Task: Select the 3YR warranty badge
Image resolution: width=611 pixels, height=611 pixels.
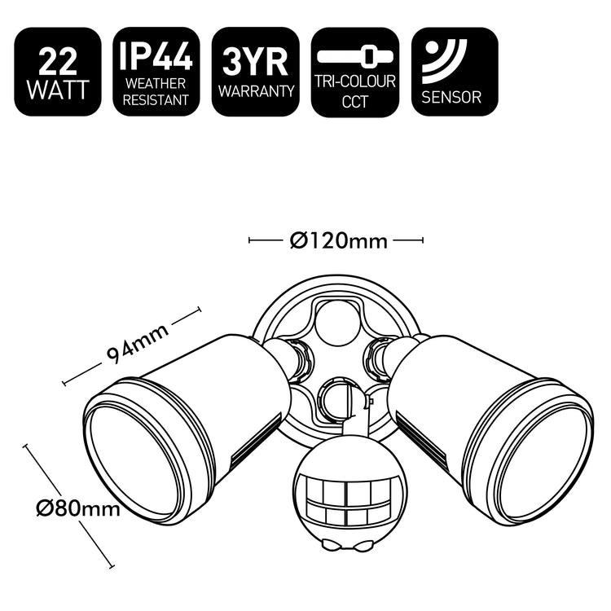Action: pos(256,73)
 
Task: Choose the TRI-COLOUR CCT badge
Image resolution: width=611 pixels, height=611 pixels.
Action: pos(355,73)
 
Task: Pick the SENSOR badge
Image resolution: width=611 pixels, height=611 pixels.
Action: pos(455,73)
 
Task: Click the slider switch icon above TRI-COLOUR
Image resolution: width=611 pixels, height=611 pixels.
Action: pos(355,57)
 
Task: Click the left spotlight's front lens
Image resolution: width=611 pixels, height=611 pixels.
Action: pos(134,460)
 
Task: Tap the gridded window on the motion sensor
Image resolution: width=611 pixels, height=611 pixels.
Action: pos(342,502)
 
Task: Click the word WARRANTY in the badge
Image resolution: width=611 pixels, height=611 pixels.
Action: pos(256,92)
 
